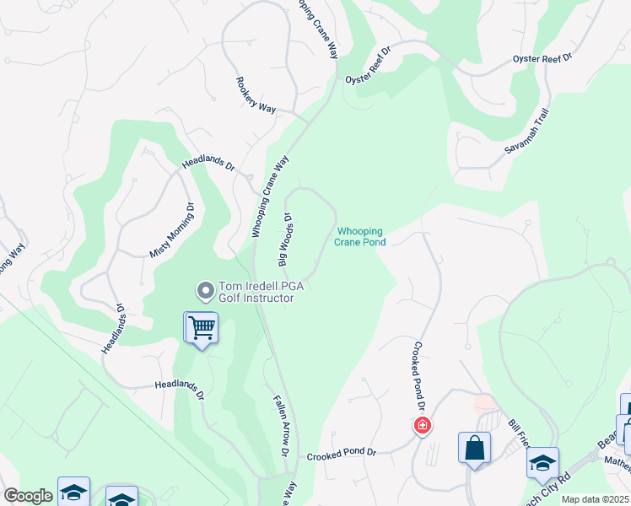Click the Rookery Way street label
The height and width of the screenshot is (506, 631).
point(256,94)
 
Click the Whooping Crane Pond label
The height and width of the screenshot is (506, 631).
point(361,237)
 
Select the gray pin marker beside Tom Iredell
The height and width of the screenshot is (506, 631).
point(204,292)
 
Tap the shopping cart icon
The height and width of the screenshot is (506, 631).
point(202,327)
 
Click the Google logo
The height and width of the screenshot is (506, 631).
point(27,496)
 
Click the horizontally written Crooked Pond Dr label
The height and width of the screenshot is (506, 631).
point(342,453)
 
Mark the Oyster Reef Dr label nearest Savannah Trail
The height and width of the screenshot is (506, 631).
point(542,59)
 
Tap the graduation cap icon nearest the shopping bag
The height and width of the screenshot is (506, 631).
point(542,462)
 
